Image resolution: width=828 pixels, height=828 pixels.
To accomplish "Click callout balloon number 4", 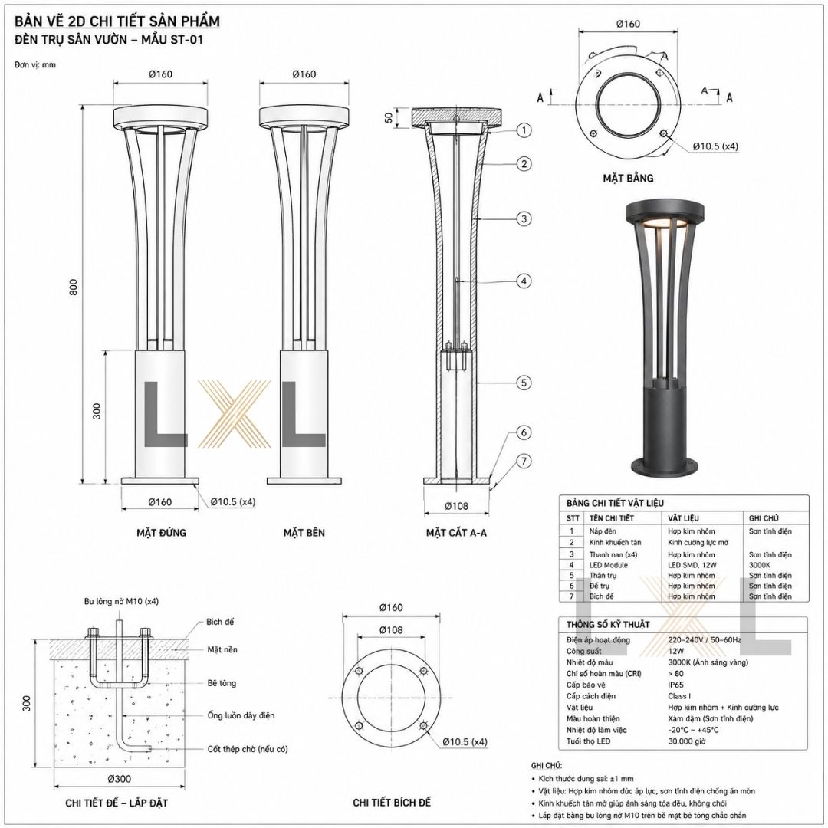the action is pos(524,281).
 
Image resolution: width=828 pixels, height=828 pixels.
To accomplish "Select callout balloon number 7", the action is pos(524,462).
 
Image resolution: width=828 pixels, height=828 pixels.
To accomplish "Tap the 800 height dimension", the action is pos(74,287).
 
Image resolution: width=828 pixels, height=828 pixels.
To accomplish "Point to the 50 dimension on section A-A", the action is pos(389,117).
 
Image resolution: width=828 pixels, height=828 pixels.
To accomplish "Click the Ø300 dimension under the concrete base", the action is pos(119,778).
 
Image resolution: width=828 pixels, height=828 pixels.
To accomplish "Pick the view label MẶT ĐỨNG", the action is pos(161,532).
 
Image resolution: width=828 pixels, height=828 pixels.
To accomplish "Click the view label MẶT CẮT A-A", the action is pos(456,533).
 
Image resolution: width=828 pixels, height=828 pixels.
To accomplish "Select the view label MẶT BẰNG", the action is pos(628,178).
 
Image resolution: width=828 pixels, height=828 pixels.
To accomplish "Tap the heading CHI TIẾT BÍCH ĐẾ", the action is pos(392,803).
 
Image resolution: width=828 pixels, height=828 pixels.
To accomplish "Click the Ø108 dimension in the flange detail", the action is pos(391,629).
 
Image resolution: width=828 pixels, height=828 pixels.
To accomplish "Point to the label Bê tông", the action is pos(222,683).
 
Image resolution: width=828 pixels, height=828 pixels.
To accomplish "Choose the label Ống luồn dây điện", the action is pos(241,715).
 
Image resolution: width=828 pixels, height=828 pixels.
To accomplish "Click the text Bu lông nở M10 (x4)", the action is pos(121,601).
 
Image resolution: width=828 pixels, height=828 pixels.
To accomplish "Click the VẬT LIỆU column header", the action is pos(683,518).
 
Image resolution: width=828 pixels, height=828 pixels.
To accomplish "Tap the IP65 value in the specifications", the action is pos(675,685).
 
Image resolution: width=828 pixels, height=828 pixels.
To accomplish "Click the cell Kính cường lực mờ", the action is pos(698,542).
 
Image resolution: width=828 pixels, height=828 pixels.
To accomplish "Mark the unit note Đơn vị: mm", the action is pos(34,65).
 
